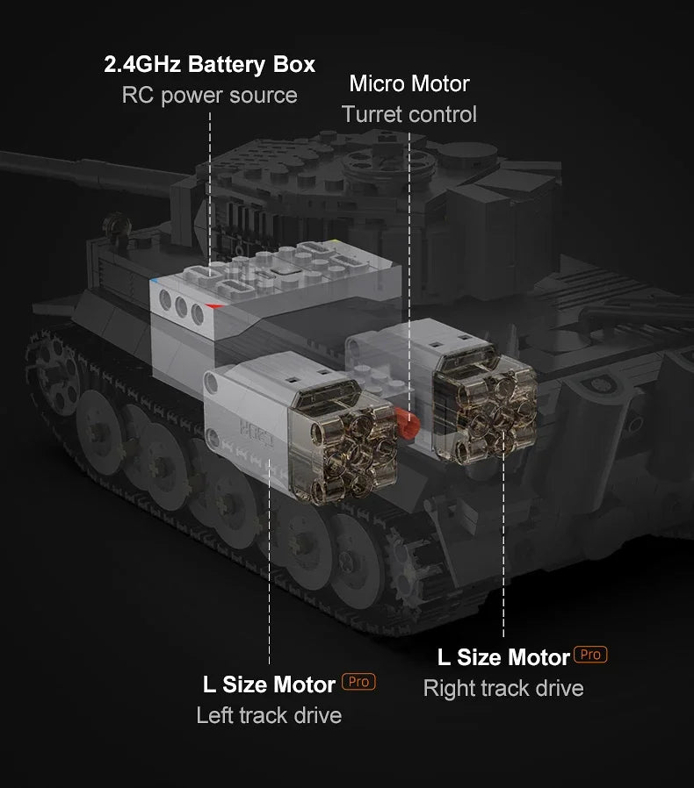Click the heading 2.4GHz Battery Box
[209, 64]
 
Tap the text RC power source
[209, 95]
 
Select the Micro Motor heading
[409, 83]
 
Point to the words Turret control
[409, 114]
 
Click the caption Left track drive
[269, 715]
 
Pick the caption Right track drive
[503, 688]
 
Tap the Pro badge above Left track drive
[358, 682]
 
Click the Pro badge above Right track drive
[590, 655]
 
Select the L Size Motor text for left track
[269, 684]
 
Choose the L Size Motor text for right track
[503, 656]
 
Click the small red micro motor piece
[407, 422]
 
